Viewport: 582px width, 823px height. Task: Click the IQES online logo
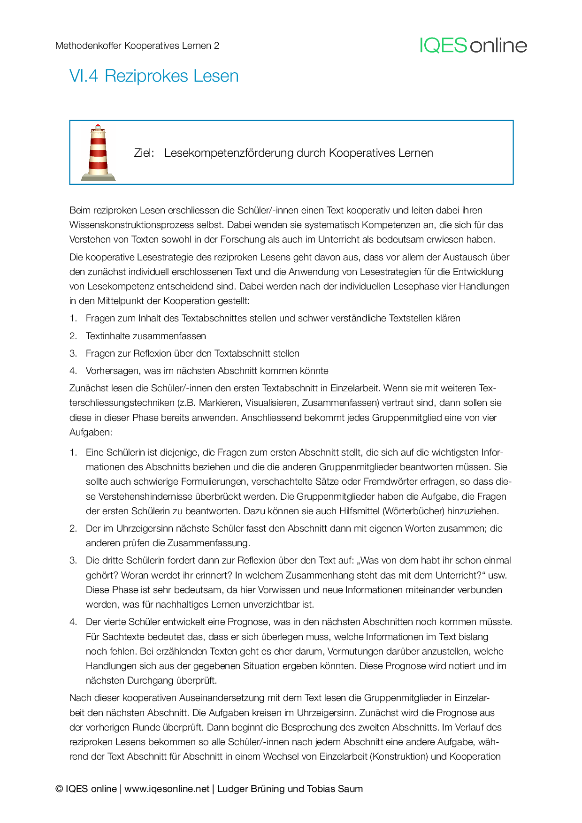tap(473, 46)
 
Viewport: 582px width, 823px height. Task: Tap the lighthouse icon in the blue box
tap(98, 152)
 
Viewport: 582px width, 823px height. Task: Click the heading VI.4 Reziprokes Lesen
tap(154, 76)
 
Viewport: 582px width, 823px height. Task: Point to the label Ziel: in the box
tap(144, 153)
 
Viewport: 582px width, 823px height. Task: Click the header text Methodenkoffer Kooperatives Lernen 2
tap(137, 46)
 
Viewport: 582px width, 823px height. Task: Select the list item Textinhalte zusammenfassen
tap(145, 336)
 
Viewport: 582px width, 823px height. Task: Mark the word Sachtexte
tap(124, 637)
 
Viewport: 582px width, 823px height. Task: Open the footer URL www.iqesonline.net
tap(167, 789)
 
